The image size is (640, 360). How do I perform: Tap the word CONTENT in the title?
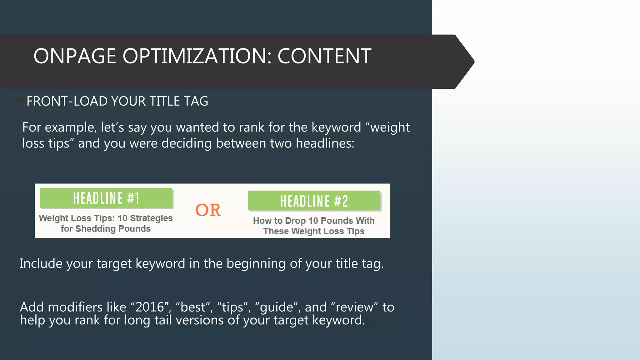point(324,56)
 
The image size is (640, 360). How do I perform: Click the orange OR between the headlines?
point(208,210)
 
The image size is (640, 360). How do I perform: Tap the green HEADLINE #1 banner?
point(106,198)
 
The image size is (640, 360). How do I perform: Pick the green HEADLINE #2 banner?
point(314,201)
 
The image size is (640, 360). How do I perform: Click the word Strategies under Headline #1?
point(151,218)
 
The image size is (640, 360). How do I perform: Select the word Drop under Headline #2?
point(295,221)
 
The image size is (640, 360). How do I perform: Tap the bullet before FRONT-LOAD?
point(20,101)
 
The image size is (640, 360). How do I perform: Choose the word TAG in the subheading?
point(196,101)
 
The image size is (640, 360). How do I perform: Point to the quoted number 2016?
point(150,307)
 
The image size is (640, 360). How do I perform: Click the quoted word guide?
point(276,307)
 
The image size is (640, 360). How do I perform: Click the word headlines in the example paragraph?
point(325,143)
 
